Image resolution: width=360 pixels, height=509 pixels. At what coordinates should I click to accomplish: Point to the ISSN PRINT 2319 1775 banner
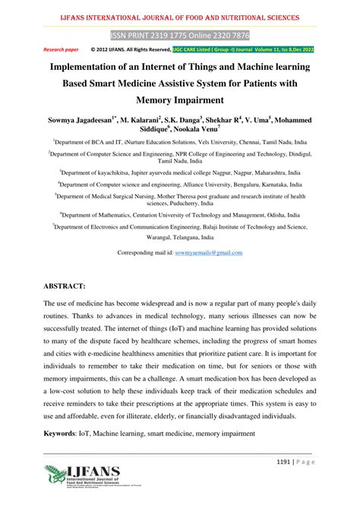179,35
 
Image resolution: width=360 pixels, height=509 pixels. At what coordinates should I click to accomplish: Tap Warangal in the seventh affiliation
138,236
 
